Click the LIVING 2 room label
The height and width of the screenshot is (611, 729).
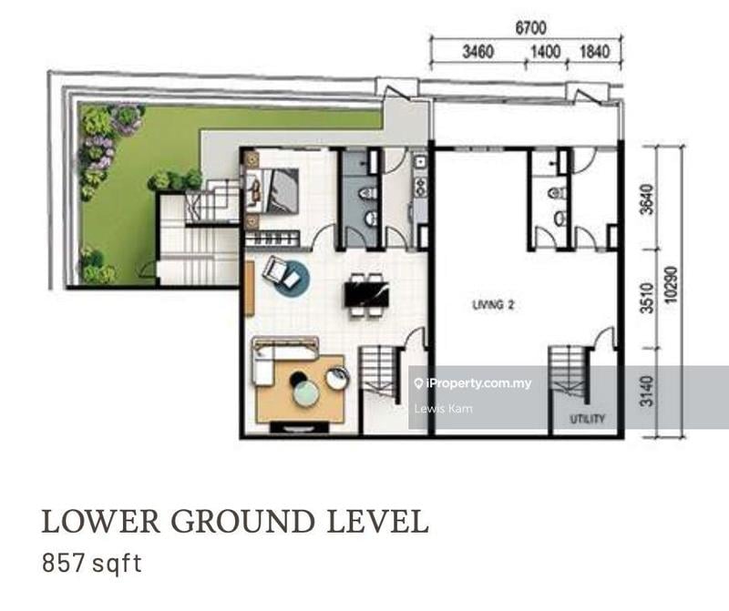[494, 306]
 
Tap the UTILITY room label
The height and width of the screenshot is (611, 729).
[588, 420]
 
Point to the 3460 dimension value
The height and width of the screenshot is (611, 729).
[477, 52]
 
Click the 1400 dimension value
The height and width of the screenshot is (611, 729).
[545, 52]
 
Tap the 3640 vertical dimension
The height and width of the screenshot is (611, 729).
[647, 199]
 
